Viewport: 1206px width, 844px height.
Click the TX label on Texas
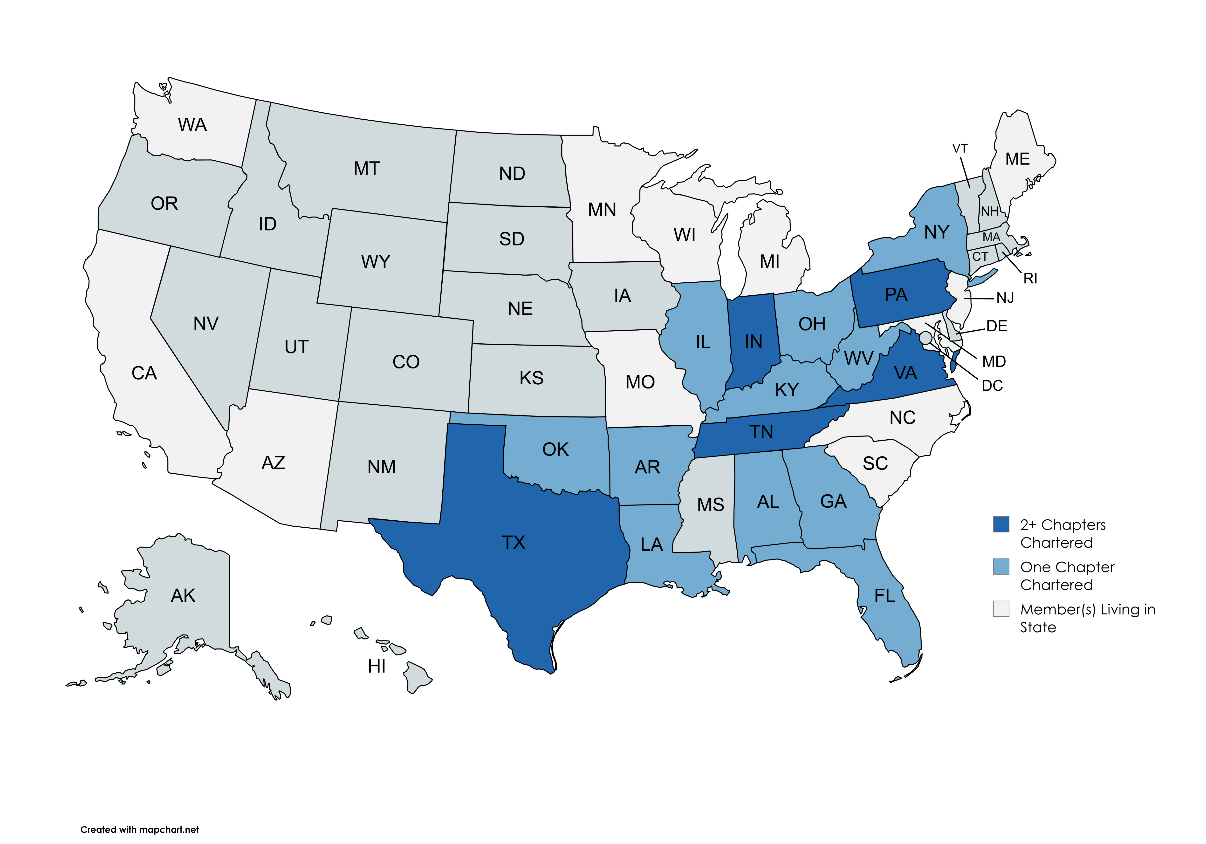tap(513, 542)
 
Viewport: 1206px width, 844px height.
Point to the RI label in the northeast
tap(1030, 278)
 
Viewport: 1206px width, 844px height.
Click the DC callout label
tap(992, 386)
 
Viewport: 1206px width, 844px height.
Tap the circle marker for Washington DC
tap(925, 337)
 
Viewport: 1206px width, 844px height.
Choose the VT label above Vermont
tap(960, 149)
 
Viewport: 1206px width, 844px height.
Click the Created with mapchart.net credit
tap(140, 829)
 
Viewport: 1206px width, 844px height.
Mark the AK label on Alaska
tap(183, 596)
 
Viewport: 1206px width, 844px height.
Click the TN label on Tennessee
tap(761, 432)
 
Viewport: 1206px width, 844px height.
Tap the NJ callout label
tap(1005, 298)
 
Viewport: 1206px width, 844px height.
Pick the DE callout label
tap(996, 326)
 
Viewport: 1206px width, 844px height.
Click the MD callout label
tap(994, 361)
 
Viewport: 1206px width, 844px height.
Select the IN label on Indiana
tap(753, 341)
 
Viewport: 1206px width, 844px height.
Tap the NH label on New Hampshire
tap(990, 211)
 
